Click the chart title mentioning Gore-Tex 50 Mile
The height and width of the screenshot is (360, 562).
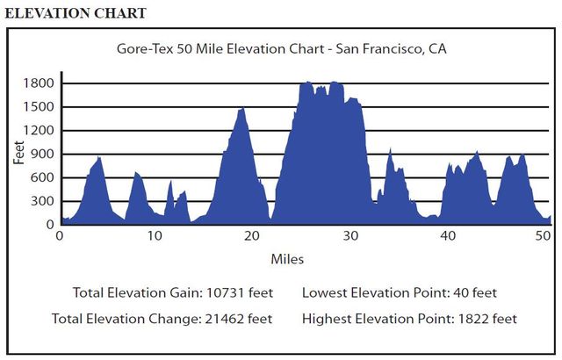(281, 49)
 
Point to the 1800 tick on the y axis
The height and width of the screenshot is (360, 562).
(38, 83)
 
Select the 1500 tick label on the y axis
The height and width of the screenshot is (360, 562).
(38, 107)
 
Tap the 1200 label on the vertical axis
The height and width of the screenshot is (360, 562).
(38, 131)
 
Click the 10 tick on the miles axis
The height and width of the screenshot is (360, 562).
(155, 236)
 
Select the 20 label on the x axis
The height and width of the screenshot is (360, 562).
(252, 236)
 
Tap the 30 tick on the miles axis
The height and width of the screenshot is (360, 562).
(349, 236)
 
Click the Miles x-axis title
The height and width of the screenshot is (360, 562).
(288, 259)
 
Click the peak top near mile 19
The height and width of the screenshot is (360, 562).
(241, 109)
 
